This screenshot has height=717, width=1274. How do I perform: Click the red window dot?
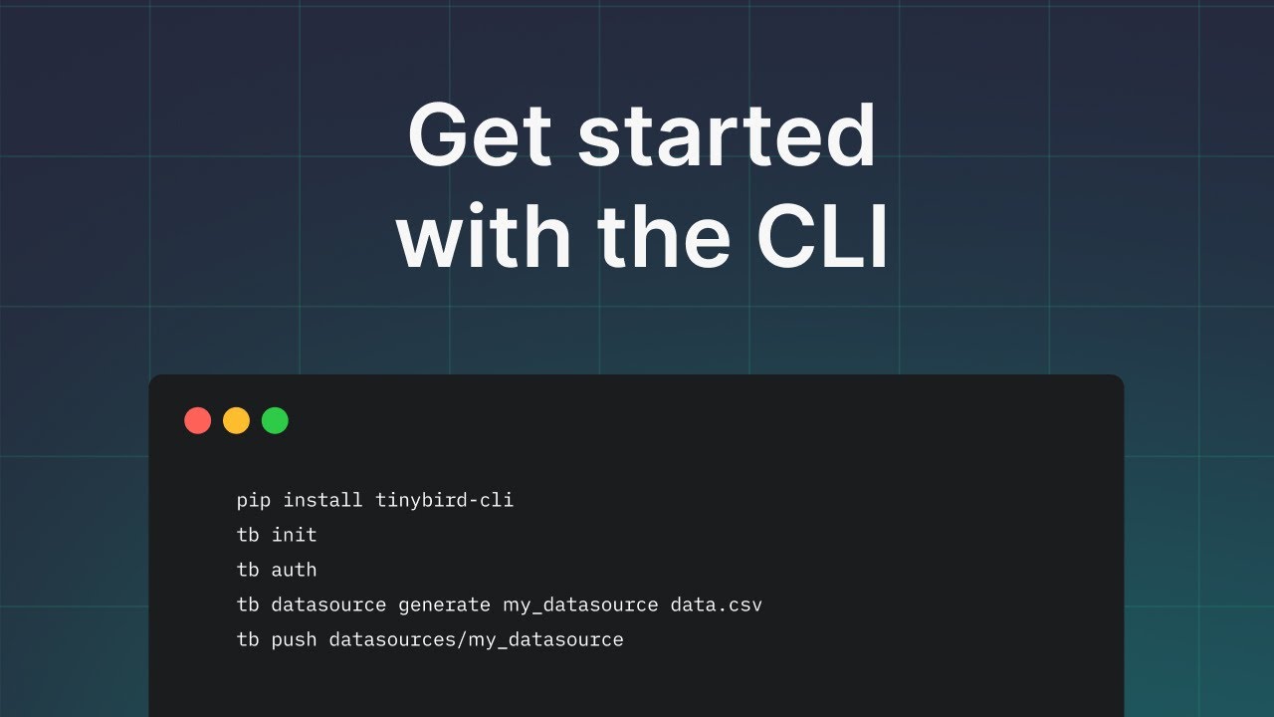[x=198, y=420]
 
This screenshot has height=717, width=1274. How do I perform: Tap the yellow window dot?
[x=236, y=420]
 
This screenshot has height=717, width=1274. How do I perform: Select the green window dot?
[x=275, y=420]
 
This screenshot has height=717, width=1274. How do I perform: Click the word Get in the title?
[x=480, y=137]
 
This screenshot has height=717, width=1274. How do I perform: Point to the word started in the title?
[x=727, y=137]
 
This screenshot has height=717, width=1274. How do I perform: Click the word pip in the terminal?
[x=254, y=500]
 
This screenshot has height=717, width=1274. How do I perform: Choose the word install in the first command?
[x=323, y=500]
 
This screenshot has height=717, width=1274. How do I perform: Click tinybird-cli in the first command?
[x=444, y=500]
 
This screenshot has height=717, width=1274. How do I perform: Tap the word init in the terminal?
[x=295, y=535]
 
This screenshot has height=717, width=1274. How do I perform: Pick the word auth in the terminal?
[x=295, y=570]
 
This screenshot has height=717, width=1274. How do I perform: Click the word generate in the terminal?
[x=444, y=604]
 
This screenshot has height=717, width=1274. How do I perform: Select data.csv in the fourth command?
[x=716, y=604]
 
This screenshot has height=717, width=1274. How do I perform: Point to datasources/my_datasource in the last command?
[x=476, y=639]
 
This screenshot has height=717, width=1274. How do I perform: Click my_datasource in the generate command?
[x=580, y=604]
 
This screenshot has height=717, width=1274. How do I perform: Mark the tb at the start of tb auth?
[x=248, y=570]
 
